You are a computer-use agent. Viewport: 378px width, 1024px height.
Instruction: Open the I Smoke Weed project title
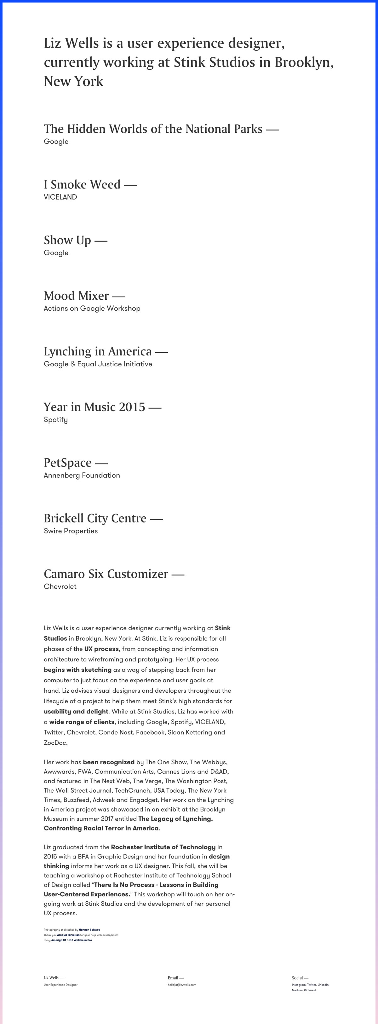82,184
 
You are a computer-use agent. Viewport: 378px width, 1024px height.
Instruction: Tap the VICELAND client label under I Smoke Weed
60,197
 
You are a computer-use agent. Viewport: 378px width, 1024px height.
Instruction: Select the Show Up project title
67,240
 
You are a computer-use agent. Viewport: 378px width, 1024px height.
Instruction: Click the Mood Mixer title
76,296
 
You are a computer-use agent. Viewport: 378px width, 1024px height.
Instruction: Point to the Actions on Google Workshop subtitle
92,308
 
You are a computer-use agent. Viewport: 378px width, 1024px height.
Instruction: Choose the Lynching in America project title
98,352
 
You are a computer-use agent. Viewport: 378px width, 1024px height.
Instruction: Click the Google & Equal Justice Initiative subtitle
98,364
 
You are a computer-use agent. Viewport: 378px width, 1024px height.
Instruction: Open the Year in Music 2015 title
94,407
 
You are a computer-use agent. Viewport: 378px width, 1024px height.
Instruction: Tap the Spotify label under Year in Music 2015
55,419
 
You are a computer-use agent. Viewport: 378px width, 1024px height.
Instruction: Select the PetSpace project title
67,463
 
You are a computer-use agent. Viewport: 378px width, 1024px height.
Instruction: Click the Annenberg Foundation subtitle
82,475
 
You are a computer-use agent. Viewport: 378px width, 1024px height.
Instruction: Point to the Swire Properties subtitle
71,531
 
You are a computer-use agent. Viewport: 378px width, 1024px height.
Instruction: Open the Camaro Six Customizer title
106,574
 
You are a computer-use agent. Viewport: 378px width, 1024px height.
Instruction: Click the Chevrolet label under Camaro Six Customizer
60,586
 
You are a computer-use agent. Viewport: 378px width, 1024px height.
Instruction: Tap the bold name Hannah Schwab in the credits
89,930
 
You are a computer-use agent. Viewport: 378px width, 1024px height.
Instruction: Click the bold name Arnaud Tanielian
68,935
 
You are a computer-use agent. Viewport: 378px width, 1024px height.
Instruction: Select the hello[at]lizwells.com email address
182,985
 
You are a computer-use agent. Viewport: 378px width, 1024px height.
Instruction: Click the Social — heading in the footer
300,977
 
